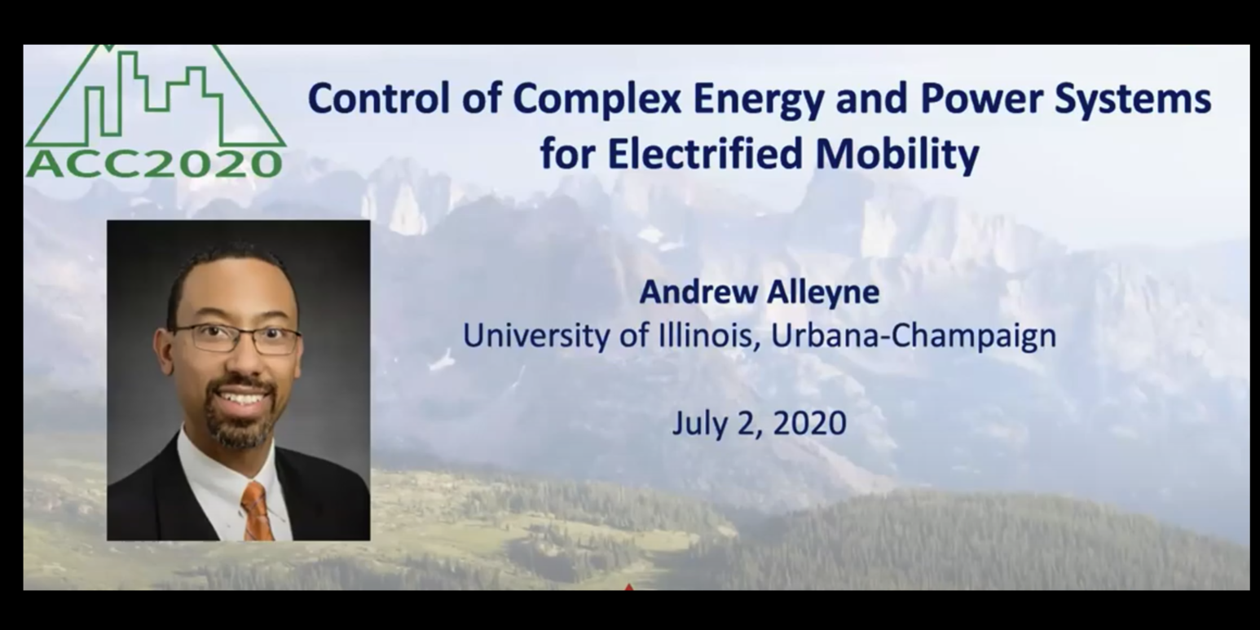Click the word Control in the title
pyautogui.click(x=378, y=99)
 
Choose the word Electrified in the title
pyautogui.click(x=705, y=153)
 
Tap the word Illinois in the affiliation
pyautogui.click(x=705, y=336)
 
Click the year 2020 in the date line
pyautogui.click(x=809, y=424)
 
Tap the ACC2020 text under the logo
pyautogui.click(x=154, y=165)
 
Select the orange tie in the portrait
pyautogui.click(x=257, y=512)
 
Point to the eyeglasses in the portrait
pyautogui.click(x=236, y=339)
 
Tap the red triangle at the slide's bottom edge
pyautogui.click(x=629, y=588)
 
